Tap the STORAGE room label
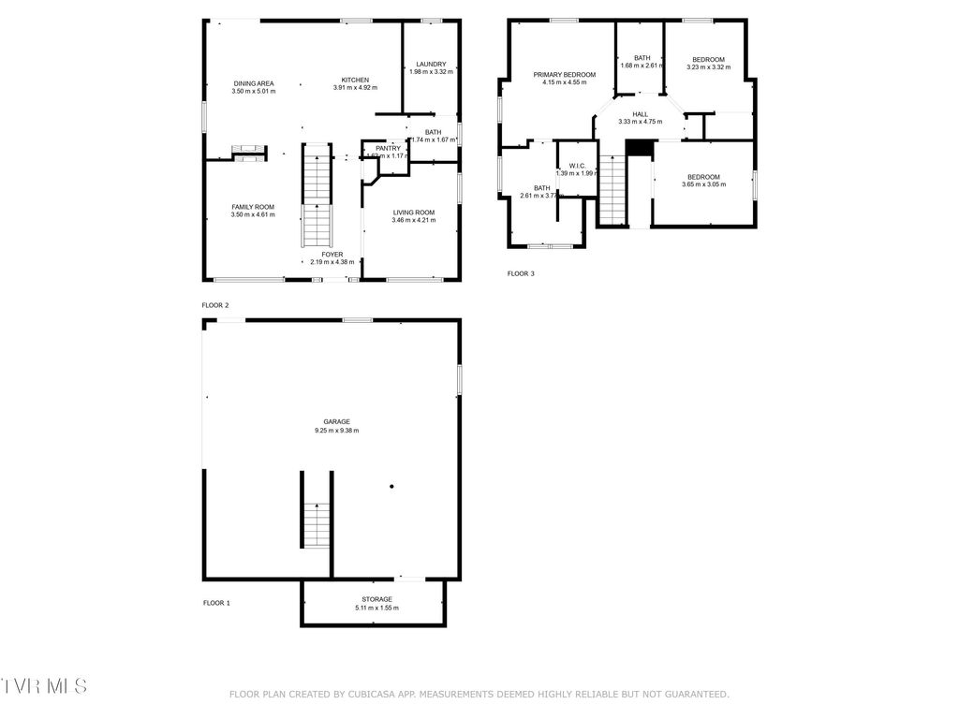376,599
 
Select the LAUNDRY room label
431,64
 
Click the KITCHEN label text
355,80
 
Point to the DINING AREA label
253,83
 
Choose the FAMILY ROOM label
253,206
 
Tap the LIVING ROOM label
413,212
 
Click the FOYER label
332,254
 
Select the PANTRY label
388,148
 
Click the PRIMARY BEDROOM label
565,74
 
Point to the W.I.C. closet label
576,165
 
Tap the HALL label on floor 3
640,114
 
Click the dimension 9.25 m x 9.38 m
336,431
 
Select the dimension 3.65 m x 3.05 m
703,184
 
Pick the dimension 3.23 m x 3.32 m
708,67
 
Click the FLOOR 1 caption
216,603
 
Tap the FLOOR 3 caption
521,273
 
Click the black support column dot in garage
391,486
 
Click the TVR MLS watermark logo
44,686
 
